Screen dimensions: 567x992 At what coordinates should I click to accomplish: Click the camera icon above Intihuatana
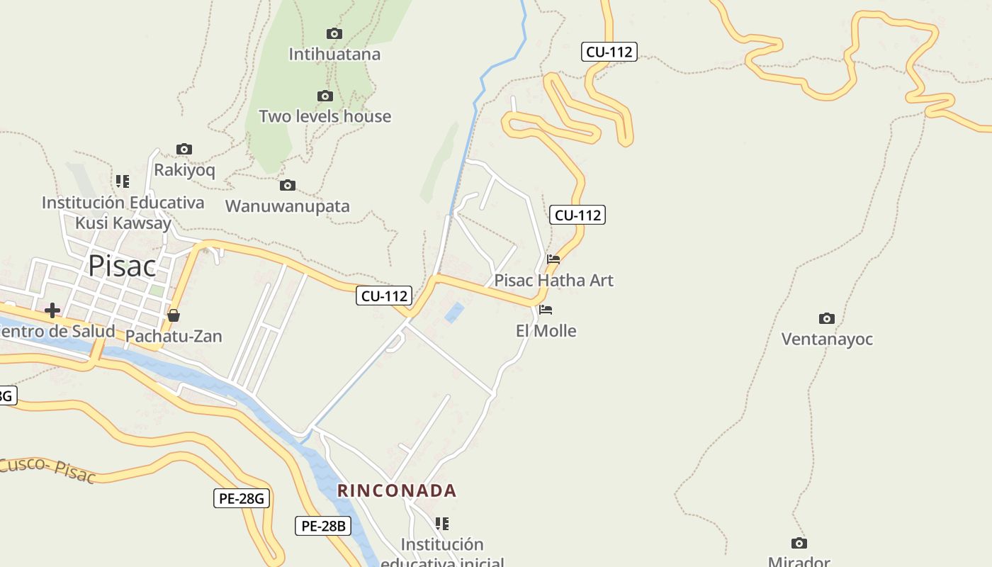[x=334, y=33]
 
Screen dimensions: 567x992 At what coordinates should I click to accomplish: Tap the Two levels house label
[x=325, y=116]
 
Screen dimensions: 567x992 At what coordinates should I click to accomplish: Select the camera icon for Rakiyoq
[x=184, y=149]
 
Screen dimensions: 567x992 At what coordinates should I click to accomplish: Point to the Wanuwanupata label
[x=288, y=206]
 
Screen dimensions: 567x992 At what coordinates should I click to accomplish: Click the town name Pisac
[x=122, y=266]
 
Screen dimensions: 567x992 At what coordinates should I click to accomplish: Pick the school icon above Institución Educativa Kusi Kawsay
[x=123, y=181]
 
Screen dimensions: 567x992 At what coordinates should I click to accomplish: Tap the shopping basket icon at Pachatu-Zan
[x=174, y=315]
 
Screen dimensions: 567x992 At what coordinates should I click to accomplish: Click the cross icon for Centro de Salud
[x=52, y=310]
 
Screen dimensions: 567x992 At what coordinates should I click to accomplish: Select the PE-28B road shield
[x=322, y=526]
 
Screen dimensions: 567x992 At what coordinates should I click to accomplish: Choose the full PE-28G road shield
[x=242, y=498]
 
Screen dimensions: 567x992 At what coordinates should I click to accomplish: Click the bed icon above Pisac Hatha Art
[x=553, y=259]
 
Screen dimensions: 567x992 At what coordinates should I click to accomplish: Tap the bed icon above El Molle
[x=546, y=310]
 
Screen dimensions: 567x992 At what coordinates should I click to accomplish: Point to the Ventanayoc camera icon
[x=826, y=318]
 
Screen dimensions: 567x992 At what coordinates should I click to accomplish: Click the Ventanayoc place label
[x=827, y=339]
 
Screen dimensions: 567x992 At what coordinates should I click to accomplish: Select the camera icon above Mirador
[x=799, y=543]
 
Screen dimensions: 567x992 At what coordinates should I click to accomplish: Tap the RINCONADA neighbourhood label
[x=397, y=490]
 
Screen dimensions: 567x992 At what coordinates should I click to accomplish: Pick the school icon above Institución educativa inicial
[x=442, y=524]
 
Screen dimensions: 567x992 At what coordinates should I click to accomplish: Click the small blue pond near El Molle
[x=454, y=313]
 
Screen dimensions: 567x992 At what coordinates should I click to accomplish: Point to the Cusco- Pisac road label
[x=47, y=469]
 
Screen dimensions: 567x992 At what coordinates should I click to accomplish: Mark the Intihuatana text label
[x=334, y=54]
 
